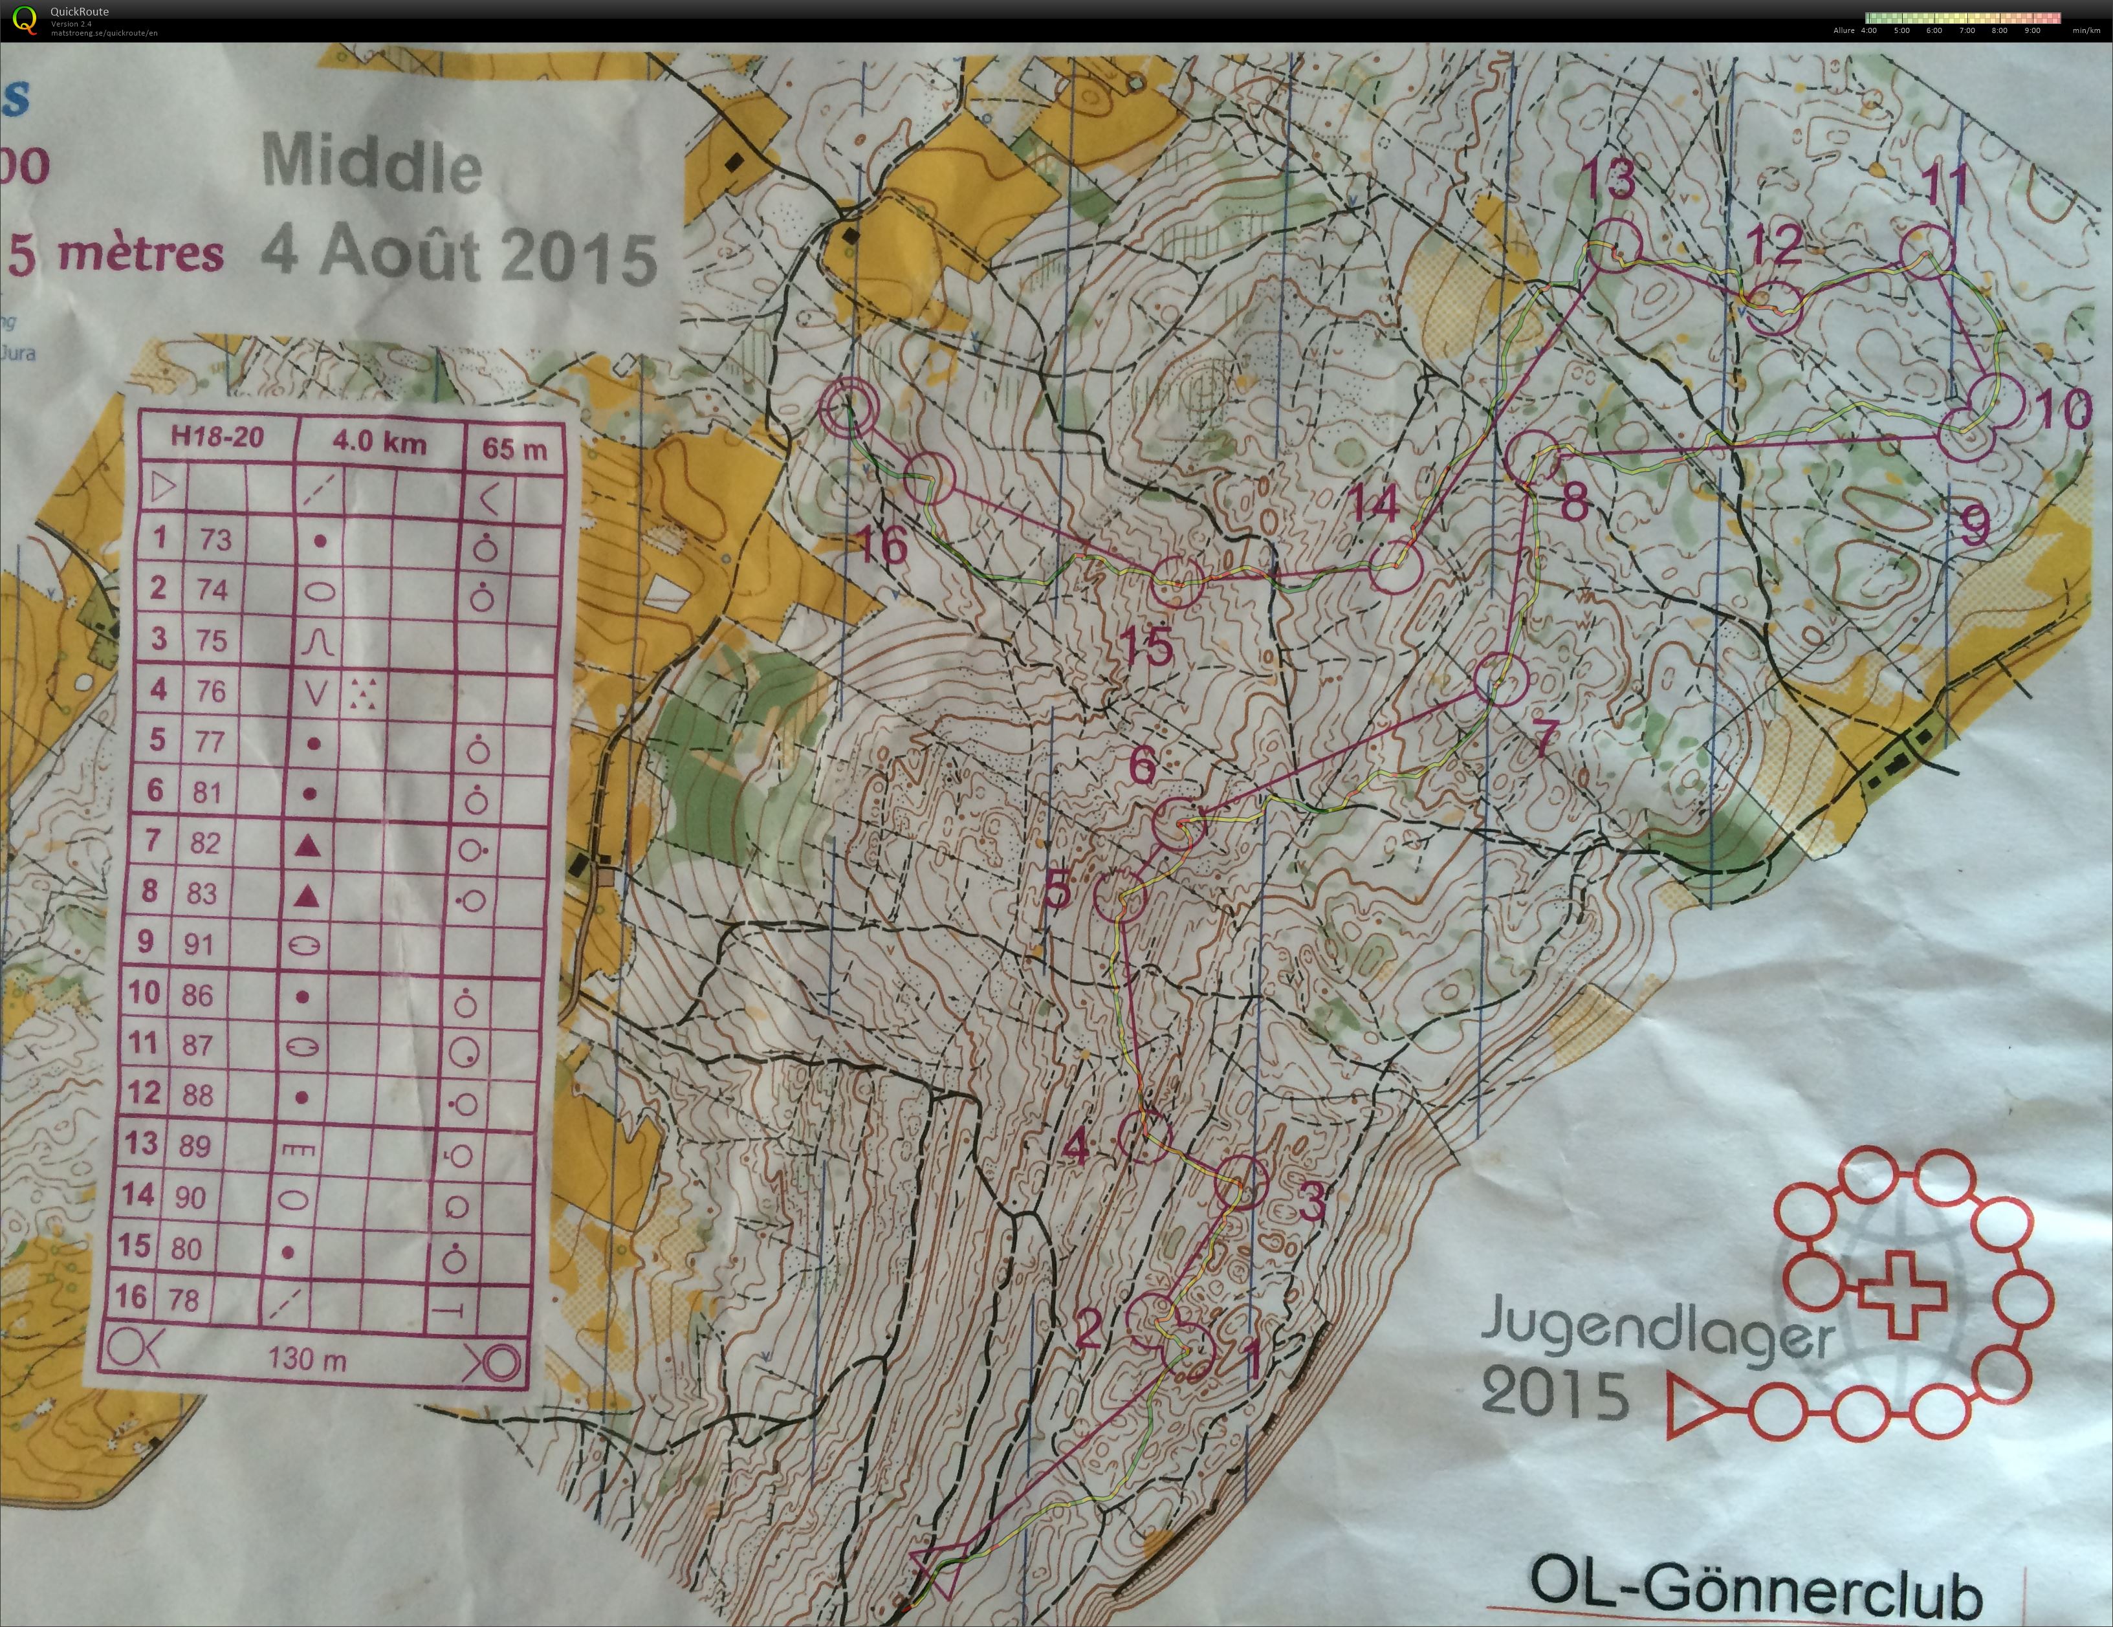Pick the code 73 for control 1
click(x=215, y=539)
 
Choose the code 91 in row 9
click(x=199, y=943)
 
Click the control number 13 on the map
click(x=1610, y=180)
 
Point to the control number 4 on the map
click(x=1075, y=1147)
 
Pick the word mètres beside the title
click(x=141, y=254)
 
